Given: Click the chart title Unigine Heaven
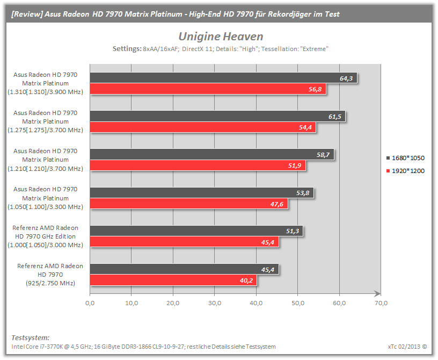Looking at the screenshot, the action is pos(221,37).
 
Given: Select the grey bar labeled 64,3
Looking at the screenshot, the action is pos(223,78).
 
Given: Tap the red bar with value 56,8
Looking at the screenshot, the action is pos(208,89).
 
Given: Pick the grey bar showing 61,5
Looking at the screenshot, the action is pos(217,116).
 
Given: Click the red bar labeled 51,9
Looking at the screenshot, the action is pos(198,165).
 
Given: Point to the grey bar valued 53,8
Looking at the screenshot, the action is pos(202,193).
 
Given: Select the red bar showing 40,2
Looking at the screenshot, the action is pos(173,280).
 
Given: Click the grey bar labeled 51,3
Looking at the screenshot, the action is pos(196,231).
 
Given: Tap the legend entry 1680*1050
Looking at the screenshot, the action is pos(405,158).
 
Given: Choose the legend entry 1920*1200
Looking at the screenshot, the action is pos(405,171).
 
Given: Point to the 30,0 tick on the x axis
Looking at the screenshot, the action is pos(215,303).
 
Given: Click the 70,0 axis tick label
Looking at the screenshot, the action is pos(381,303).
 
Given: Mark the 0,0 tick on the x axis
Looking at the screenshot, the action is pos(90,303).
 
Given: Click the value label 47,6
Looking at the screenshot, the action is pos(276,204).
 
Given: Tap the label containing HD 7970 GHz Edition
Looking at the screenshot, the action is pos(45,236).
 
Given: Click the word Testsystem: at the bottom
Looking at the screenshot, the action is pos(31,337).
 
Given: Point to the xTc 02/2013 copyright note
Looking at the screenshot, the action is pos(407,347).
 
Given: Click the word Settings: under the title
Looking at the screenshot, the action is pos(127,49).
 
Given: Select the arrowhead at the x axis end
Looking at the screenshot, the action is pos(377,294).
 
